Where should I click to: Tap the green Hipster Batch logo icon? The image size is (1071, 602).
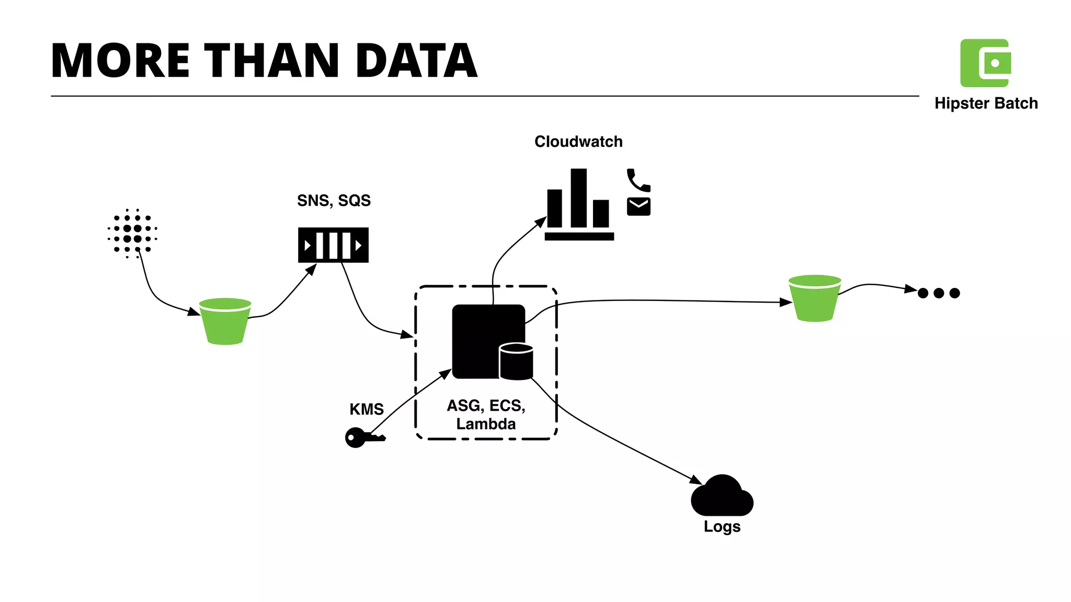(985, 63)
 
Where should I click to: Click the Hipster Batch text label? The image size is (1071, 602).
(986, 103)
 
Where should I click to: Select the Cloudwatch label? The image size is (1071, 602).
(578, 142)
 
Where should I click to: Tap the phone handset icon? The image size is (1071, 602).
(637, 180)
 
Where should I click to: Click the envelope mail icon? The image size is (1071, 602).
(639, 207)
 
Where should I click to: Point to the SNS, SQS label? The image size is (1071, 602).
(334, 201)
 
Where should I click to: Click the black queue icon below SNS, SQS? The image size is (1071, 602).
(333, 245)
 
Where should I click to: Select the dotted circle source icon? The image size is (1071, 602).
(132, 234)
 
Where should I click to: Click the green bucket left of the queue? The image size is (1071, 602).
(225, 322)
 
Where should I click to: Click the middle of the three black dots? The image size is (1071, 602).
(939, 293)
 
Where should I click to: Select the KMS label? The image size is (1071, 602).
(367, 409)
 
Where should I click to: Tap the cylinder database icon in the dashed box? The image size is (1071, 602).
(516, 361)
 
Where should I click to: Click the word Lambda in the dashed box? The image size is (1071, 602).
(486, 424)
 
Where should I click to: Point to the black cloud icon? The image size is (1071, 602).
(722, 496)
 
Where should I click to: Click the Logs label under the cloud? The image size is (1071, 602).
(722, 526)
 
